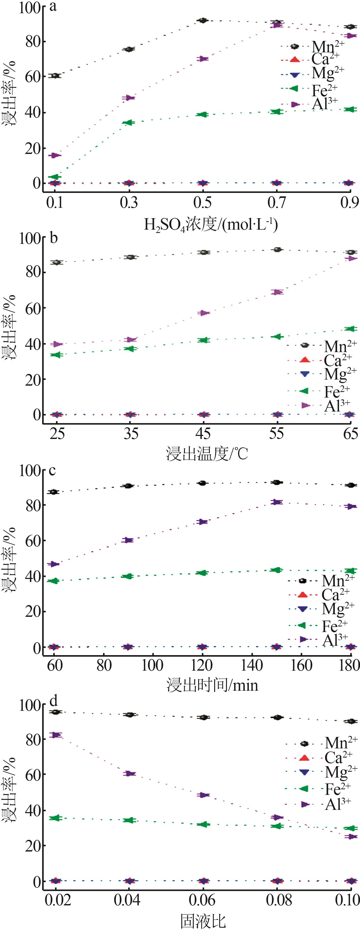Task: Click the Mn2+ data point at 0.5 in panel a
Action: click(x=203, y=21)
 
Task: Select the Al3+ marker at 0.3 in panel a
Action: click(x=129, y=98)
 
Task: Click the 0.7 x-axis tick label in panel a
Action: click(x=277, y=203)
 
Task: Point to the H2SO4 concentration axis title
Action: click(x=211, y=225)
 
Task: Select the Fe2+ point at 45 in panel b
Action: click(x=204, y=340)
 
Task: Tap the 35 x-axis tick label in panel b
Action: click(x=131, y=434)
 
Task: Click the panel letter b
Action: click(x=53, y=238)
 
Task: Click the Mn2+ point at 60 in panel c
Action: click(x=54, y=492)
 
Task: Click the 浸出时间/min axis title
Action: click(x=212, y=685)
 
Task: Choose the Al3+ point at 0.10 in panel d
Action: click(x=351, y=837)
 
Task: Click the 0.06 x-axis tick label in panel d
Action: click(x=203, y=900)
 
